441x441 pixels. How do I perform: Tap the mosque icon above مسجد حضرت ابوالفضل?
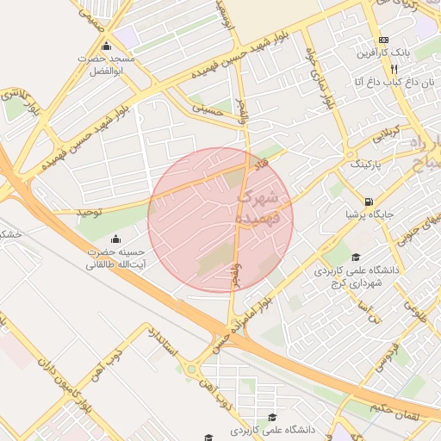click(106, 47)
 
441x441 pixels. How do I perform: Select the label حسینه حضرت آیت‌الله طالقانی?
click(115, 259)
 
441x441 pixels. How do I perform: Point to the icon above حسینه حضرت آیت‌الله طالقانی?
click(116, 239)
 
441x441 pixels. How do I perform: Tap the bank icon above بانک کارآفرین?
click(383, 40)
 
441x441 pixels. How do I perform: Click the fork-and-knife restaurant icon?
click(394, 69)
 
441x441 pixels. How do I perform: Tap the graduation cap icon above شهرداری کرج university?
click(357, 257)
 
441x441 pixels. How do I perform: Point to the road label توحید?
click(85, 209)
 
